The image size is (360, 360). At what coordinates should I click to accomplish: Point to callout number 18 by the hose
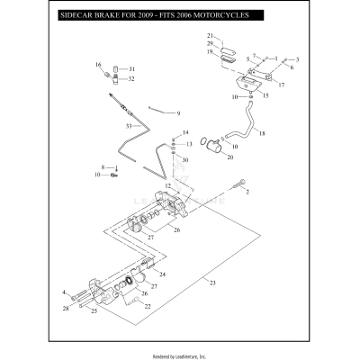point(262,133)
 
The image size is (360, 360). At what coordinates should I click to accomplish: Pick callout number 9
point(178,113)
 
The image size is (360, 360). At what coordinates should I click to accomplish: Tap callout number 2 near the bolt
point(249,192)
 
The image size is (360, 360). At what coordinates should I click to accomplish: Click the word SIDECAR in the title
point(76,15)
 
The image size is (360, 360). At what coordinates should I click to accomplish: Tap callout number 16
point(98,66)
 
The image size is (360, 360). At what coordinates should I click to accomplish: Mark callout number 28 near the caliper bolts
point(66,308)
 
